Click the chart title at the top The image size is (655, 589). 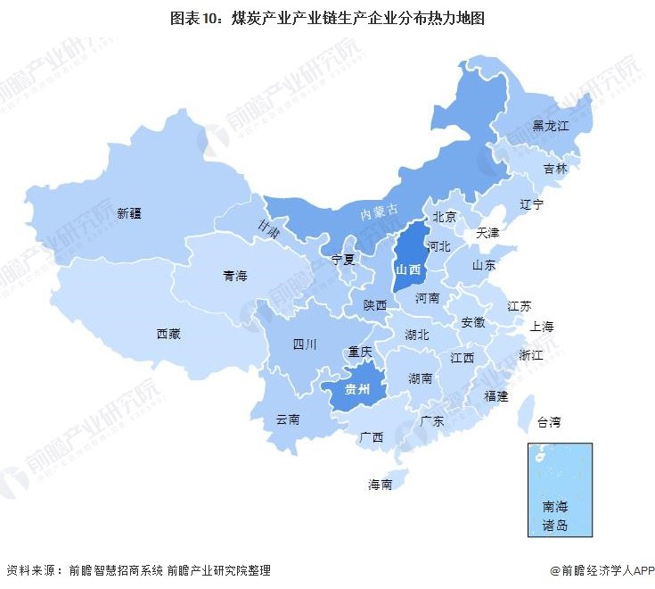(x=327, y=17)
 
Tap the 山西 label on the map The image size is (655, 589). (x=408, y=269)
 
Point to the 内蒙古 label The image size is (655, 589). (x=378, y=212)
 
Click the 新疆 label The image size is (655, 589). (x=130, y=213)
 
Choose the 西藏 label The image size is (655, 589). (x=168, y=334)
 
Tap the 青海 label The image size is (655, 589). (x=235, y=277)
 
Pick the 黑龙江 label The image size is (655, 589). (x=550, y=126)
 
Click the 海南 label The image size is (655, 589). (x=381, y=485)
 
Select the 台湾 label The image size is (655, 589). (x=549, y=421)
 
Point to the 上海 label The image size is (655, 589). (x=542, y=327)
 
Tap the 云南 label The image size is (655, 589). (x=287, y=419)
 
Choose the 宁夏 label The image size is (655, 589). (x=343, y=260)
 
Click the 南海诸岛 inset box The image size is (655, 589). (x=559, y=490)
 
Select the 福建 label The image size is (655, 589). (x=495, y=395)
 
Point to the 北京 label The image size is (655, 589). (x=445, y=216)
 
